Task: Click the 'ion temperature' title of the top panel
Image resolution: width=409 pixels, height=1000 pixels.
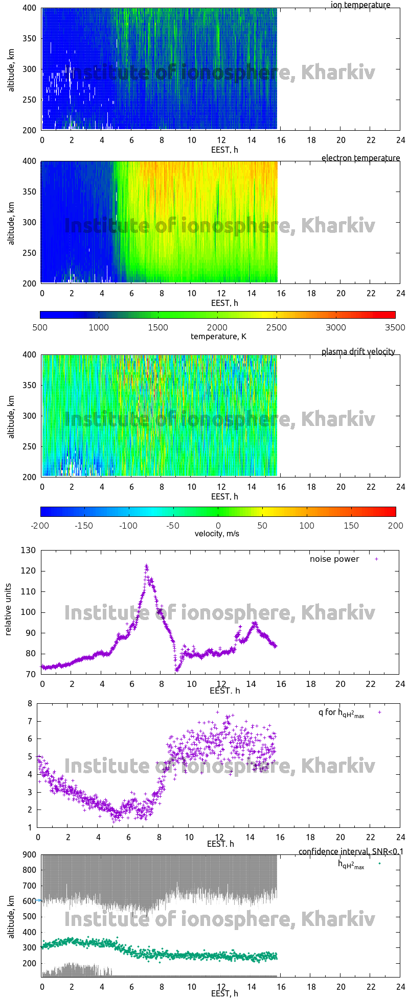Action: [360, 5]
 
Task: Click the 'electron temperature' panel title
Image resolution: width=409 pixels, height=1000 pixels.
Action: [360, 158]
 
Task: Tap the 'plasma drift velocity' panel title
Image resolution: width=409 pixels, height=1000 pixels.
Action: [358, 351]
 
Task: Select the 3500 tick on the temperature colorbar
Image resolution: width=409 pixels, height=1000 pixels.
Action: [395, 327]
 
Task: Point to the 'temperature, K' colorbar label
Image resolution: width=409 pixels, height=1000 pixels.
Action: [218, 336]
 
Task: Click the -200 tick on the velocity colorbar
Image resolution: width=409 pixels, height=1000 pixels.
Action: [40, 525]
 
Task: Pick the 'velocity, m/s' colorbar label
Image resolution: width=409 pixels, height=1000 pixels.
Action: [217, 534]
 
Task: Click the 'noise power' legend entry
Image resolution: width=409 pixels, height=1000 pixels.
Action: [334, 559]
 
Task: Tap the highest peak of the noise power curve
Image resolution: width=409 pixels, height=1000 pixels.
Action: [146, 566]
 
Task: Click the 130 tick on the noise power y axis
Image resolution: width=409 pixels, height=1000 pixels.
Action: [29, 550]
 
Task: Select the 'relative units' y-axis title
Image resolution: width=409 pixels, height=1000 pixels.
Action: [9, 612]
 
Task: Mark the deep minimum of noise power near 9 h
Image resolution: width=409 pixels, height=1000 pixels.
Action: [176, 670]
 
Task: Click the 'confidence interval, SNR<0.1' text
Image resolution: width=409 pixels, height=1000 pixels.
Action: [350, 851]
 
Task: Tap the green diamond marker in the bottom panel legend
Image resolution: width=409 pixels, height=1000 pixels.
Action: [379, 863]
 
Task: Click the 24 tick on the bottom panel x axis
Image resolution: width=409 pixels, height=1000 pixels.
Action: [400, 982]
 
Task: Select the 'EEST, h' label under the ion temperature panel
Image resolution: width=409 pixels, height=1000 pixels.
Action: [224, 150]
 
